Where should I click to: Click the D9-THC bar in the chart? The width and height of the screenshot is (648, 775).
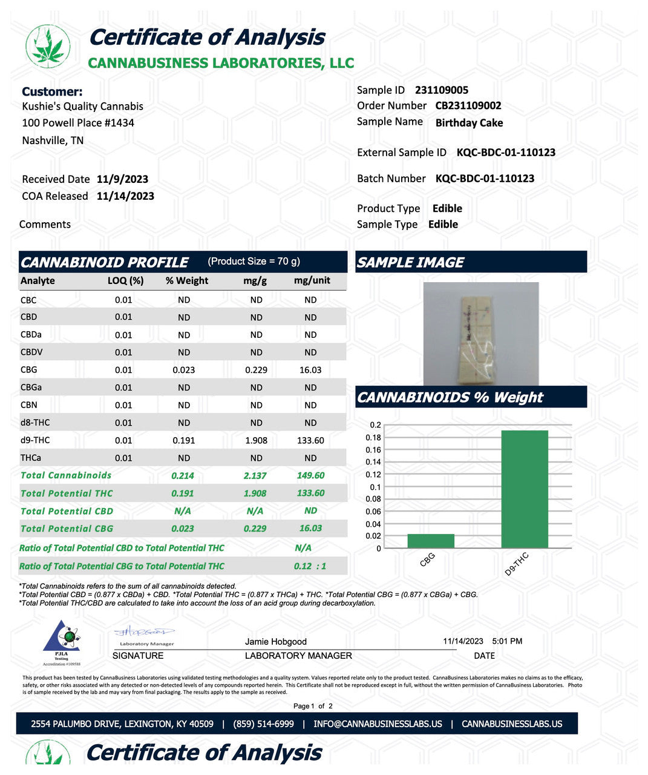(525, 489)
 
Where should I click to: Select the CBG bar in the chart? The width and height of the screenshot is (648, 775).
(431, 541)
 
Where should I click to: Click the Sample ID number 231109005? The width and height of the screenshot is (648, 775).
(442, 90)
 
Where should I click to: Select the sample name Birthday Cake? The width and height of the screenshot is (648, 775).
(469, 123)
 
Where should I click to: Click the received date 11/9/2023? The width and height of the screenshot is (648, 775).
(122, 179)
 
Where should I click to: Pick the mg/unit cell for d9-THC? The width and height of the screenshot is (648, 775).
(310, 440)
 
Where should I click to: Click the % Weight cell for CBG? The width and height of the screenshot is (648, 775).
(184, 370)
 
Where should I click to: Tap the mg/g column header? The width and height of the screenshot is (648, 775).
(255, 281)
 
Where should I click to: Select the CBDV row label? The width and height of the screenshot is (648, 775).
(31, 352)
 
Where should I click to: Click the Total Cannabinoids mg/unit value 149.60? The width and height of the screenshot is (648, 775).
(310, 476)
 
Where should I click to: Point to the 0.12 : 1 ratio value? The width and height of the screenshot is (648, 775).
(310, 566)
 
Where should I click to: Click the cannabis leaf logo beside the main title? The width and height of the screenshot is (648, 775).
(47, 47)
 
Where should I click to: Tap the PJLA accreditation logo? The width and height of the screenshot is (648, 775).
(61, 642)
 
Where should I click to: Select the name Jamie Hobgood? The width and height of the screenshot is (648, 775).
(276, 642)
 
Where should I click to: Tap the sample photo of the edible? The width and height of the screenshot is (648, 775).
(481, 334)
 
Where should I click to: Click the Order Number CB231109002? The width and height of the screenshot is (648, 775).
(468, 106)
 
